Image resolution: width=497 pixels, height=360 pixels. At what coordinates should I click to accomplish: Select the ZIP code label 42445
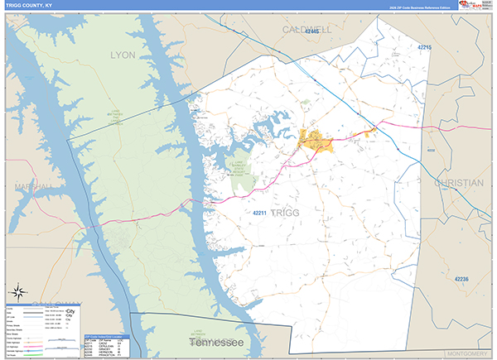pyautogui.click(x=311, y=31)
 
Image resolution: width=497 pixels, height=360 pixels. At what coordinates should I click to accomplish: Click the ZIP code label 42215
pyautogui.click(x=425, y=48)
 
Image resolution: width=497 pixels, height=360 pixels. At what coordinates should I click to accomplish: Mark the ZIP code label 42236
pyautogui.click(x=461, y=280)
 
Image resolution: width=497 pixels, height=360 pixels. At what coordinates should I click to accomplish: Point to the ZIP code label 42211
pyautogui.click(x=259, y=214)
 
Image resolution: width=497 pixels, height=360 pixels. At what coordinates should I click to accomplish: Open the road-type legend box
pyautogui.click(x=43, y=325)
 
